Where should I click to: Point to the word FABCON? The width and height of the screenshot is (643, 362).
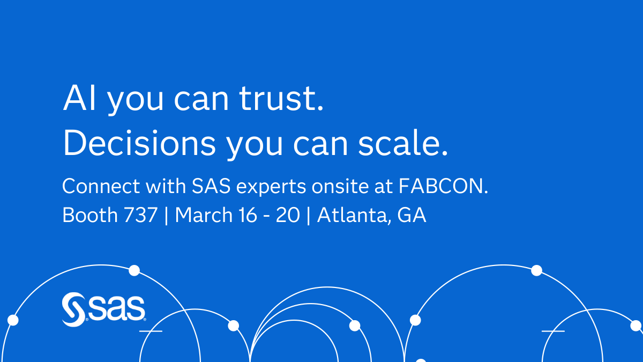444,187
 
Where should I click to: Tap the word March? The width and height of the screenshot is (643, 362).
203,215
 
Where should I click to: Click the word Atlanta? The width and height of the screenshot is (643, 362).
353,216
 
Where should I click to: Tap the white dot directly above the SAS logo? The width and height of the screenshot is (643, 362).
134,270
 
